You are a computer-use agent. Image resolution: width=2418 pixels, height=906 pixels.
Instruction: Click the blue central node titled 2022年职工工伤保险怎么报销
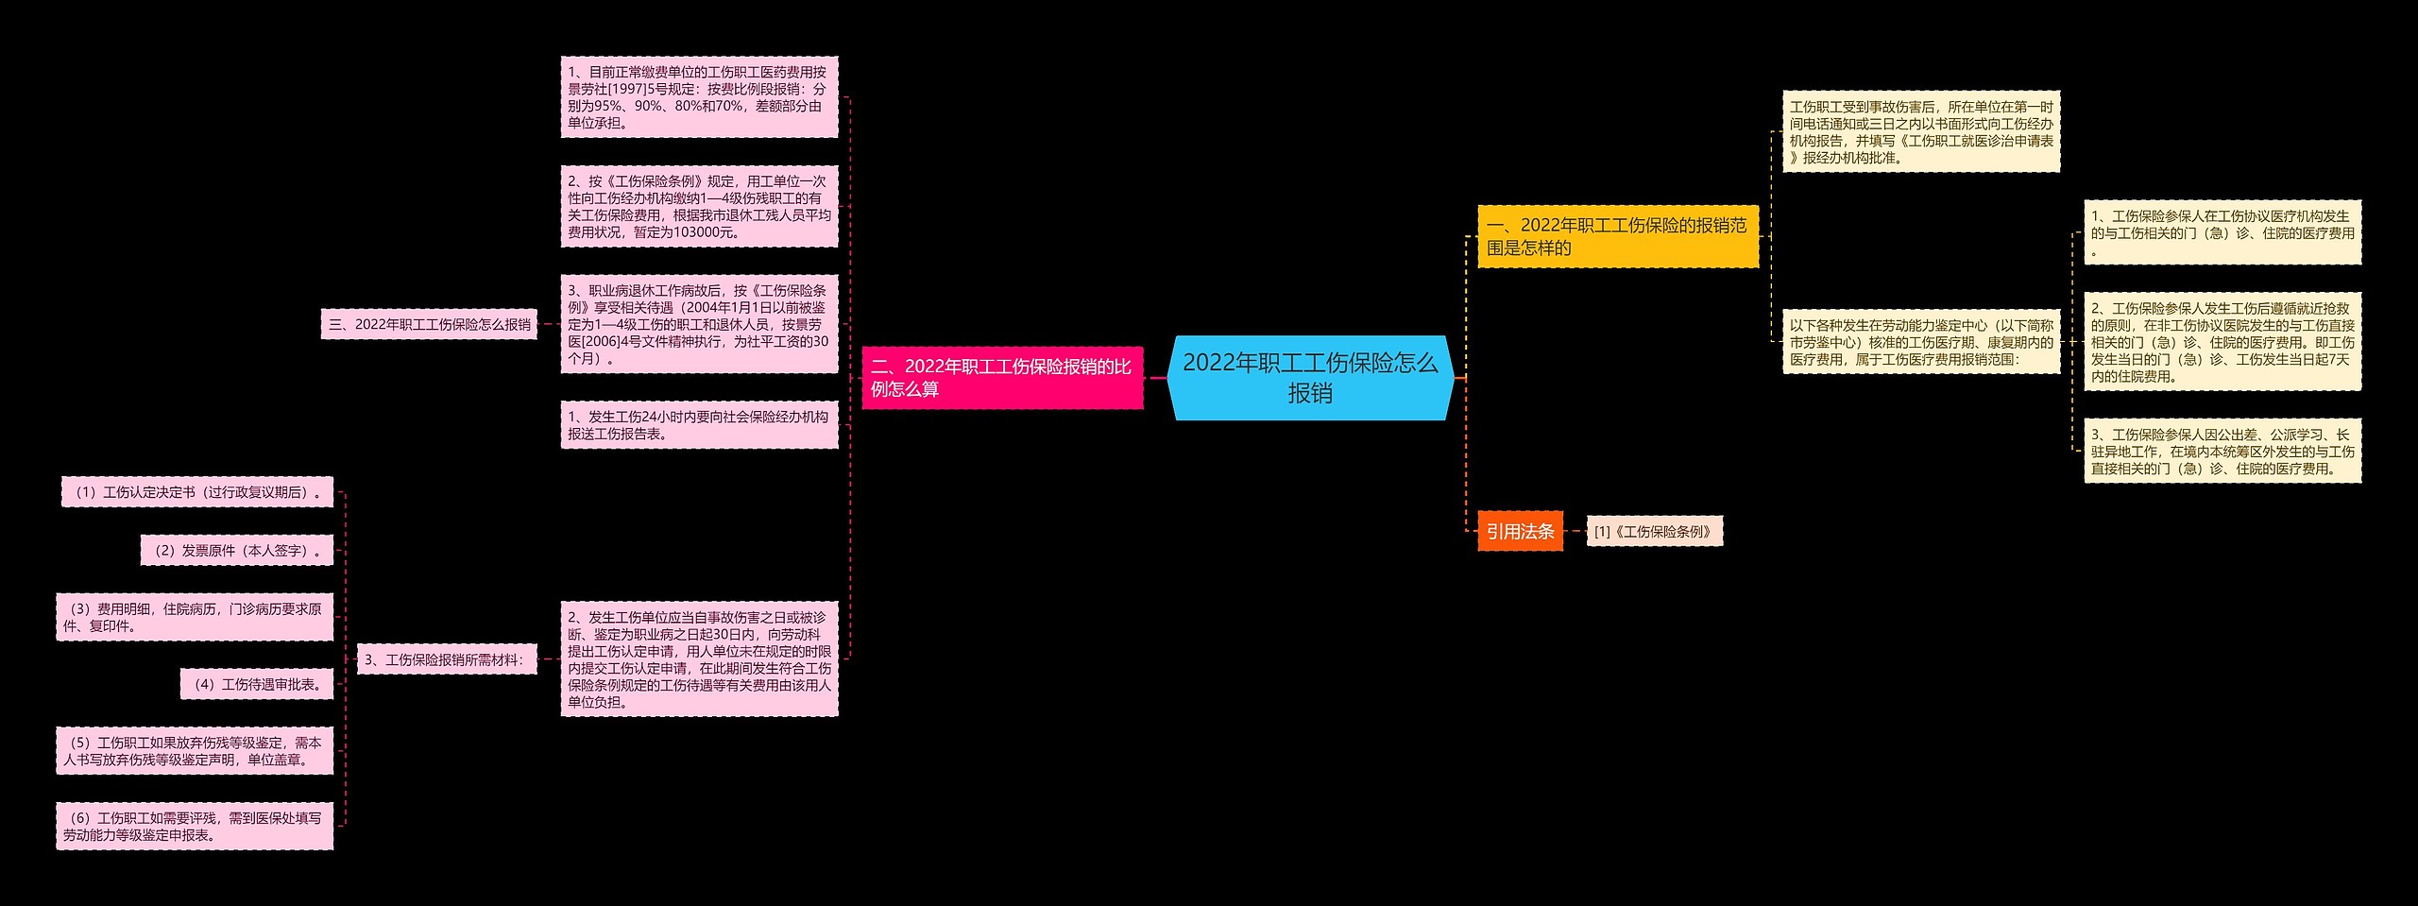(1310, 378)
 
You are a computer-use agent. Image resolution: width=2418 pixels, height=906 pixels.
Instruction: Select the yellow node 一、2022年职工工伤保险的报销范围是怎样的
(1617, 236)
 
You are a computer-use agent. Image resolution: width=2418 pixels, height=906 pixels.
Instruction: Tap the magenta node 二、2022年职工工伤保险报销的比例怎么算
(1002, 378)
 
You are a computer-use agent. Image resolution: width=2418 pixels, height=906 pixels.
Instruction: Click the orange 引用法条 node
(1520, 532)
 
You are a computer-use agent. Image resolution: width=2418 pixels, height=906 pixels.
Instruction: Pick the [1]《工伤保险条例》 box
(1654, 532)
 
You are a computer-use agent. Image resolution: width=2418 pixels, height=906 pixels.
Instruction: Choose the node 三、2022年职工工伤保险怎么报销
(429, 324)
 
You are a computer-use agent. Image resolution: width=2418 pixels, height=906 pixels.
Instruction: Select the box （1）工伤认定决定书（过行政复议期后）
(197, 492)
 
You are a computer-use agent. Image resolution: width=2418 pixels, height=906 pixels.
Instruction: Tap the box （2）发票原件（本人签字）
(237, 551)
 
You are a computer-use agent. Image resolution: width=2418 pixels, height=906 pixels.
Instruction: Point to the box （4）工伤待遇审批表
(257, 684)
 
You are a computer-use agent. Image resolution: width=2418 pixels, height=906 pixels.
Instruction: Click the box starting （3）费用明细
(195, 618)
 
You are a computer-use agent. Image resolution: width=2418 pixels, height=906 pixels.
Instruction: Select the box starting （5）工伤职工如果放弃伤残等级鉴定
(195, 751)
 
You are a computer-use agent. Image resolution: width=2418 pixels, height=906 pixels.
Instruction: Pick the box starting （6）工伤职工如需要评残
(195, 827)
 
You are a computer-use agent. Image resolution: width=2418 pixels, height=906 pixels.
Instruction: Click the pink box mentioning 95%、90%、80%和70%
(699, 96)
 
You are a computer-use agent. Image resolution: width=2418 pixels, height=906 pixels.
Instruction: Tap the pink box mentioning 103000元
(699, 206)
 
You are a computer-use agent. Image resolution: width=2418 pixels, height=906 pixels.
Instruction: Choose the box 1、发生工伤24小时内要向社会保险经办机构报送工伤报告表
(699, 425)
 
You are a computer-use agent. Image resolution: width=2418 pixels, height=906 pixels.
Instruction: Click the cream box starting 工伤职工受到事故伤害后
(1920, 132)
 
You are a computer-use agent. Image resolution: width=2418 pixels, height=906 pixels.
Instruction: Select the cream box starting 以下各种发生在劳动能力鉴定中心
(1920, 342)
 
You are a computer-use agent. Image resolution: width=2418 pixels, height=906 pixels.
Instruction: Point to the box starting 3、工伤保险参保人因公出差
(2222, 452)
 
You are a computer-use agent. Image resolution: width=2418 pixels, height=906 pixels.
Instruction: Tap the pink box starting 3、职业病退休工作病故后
(699, 324)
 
